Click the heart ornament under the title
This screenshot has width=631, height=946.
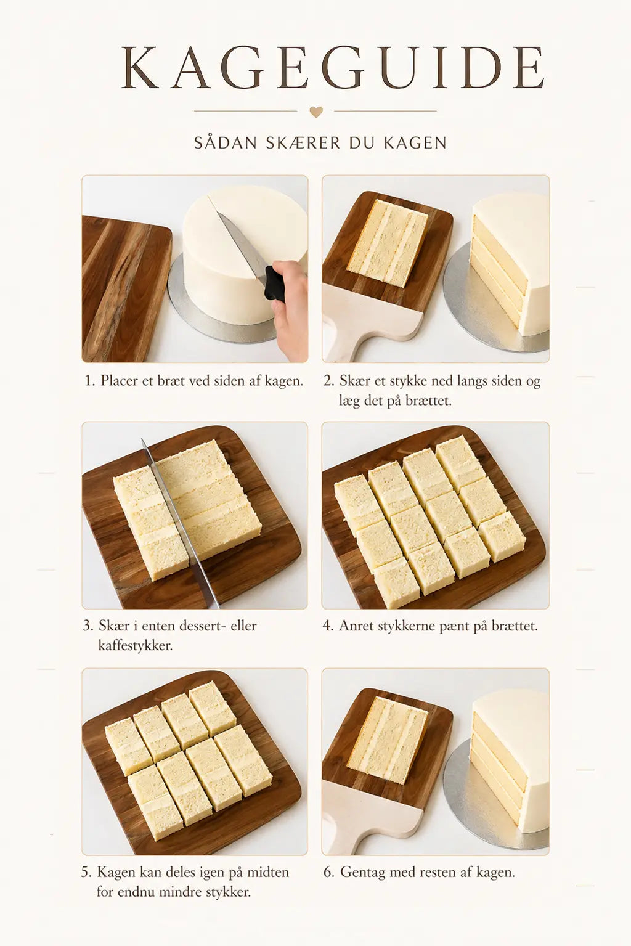pos(316,112)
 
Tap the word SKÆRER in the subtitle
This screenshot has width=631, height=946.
pos(303,143)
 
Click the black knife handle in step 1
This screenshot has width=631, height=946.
pos(275,283)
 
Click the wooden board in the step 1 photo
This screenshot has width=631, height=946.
pos(125,289)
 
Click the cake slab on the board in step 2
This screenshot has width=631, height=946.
pos(388,243)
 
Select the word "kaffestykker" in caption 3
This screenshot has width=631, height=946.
pos(135,645)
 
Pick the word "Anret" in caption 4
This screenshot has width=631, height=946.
pos(356,626)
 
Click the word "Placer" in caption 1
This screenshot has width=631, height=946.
pos(120,381)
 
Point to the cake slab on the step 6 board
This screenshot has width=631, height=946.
pos(388,740)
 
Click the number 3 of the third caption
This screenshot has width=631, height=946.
pos(87,626)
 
